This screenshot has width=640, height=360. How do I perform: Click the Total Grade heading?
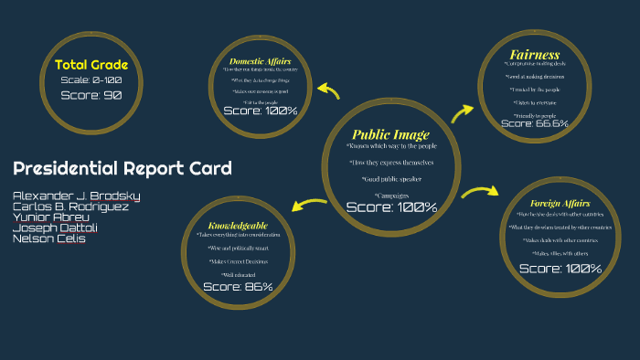pos(91,65)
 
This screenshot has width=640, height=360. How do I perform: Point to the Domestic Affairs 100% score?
pos(260,111)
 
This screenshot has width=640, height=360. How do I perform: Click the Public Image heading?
pos(390,135)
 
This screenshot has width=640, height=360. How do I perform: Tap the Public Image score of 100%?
pos(391,207)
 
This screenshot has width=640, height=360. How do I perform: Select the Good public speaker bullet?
pos(391,179)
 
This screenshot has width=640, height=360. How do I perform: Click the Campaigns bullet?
pos(391,195)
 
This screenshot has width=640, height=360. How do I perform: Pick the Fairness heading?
pos(535,55)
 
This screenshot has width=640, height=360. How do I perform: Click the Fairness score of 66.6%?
pos(535,123)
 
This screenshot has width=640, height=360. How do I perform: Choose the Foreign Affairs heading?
pos(560,203)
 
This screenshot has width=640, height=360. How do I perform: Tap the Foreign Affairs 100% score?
pos(560,269)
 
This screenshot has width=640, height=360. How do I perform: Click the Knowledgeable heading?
pos(238,225)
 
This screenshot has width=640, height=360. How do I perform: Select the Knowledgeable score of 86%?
pos(238,287)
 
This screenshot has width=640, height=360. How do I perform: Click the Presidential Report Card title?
pos(122,168)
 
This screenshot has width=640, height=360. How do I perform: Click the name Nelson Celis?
pos(48,238)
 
